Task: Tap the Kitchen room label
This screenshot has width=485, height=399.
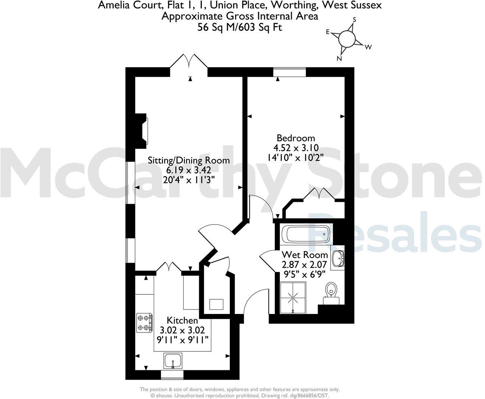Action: pyautogui.click(x=182, y=320)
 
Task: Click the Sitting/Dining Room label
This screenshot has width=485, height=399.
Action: pyautogui.click(x=189, y=160)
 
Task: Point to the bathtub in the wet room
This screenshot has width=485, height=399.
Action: pyautogui.click(x=307, y=234)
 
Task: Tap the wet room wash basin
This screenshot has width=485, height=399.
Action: pyautogui.click(x=337, y=259)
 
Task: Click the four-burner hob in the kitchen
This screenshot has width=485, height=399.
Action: pyautogui.click(x=145, y=323)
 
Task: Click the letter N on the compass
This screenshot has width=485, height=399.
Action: pyautogui.click(x=340, y=59)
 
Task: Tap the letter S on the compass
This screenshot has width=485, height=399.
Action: pyautogui.click(x=355, y=19)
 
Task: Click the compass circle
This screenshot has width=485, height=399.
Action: pyautogui.click(x=347, y=39)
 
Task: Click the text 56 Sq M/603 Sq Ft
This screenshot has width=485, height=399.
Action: pyautogui.click(x=240, y=27)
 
